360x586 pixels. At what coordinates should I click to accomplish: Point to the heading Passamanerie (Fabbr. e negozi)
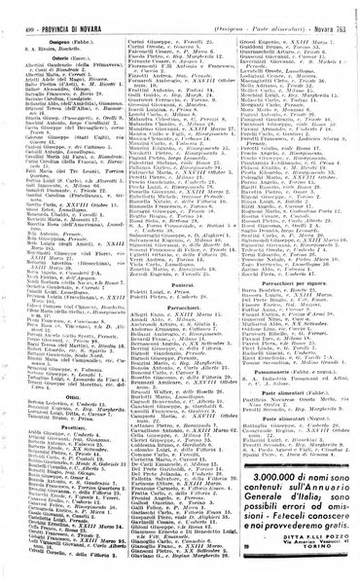(x=292, y=416)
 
